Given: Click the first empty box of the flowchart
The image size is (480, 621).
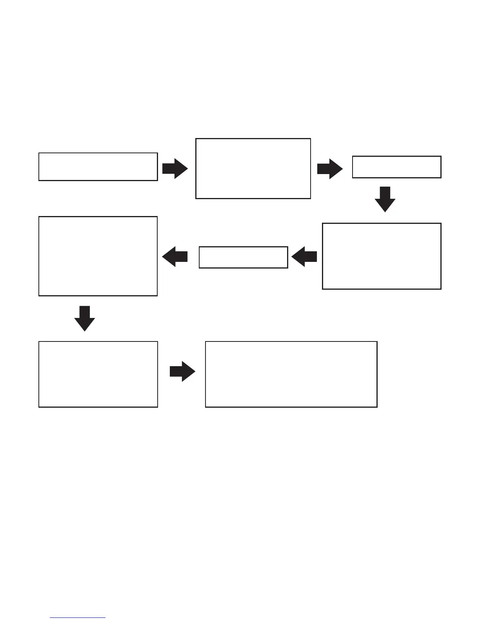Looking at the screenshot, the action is coord(98,167).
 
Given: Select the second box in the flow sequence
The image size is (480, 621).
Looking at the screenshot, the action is coord(253,168).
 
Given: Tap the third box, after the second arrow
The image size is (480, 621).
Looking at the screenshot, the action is coord(396,167).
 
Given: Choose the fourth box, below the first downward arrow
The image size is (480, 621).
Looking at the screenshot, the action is coord(382,256).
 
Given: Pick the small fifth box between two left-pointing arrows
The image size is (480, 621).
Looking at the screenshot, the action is coord(243,257).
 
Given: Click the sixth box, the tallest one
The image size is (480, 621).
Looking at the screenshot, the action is coord(98,256).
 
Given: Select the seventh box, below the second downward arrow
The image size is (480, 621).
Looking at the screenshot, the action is coord(98,374).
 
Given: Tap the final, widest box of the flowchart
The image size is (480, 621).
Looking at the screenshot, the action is coord(291,374).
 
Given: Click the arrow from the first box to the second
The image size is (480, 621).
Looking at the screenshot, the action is coord(175,169).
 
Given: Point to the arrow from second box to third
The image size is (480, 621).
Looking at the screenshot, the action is coord(330,169).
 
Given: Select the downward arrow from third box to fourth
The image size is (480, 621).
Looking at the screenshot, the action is coord(385,199).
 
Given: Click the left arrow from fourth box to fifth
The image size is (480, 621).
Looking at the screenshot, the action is coord(304,257).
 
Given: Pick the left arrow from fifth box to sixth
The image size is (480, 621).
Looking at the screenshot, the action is coord(175,257).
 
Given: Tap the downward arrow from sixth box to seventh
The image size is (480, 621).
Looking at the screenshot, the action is coord(85,318).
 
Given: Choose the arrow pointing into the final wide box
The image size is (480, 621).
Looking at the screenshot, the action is coord(182,371).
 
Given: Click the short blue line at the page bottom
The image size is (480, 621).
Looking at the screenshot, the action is coord(78,617).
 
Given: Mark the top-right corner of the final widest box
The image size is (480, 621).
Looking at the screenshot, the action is coord(377,341).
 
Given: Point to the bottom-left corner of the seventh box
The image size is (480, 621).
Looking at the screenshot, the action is coord(39,407).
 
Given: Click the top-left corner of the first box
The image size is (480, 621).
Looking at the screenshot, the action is coord(39,153).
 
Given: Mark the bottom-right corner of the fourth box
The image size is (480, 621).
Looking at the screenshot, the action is coord(441,289).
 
